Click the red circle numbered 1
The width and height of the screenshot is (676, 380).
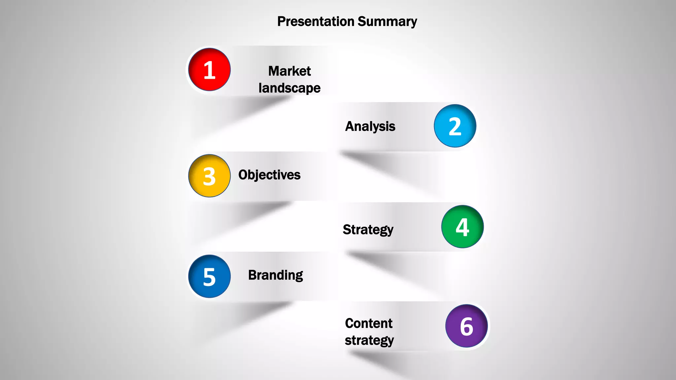tap(209, 70)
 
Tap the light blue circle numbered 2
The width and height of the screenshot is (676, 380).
tap(455, 126)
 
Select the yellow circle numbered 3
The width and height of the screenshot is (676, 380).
tap(209, 176)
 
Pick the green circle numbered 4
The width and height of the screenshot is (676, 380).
tap(462, 227)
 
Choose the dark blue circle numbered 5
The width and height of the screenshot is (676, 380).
tap(209, 276)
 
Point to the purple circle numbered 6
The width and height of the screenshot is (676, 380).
tap(466, 326)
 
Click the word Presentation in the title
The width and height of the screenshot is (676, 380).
tap(316, 21)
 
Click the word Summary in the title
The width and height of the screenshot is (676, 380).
tap(387, 21)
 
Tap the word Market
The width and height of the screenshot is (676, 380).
tap(289, 71)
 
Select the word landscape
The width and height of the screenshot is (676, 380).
tap(289, 88)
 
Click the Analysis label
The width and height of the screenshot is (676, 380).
tap(370, 126)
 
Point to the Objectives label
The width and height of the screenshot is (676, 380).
tap(269, 175)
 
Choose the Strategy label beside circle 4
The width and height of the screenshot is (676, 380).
tap(368, 230)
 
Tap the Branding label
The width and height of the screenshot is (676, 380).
tap(275, 275)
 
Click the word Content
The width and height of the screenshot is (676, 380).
tap(369, 323)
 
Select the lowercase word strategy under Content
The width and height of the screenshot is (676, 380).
tap(369, 340)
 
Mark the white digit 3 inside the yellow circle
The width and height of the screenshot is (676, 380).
tap(209, 177)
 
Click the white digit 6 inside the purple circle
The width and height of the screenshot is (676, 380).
tap(466, 327)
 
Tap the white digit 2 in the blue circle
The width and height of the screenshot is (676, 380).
tap(455, 127)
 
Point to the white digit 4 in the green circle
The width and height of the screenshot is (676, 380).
tap(462, 227)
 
